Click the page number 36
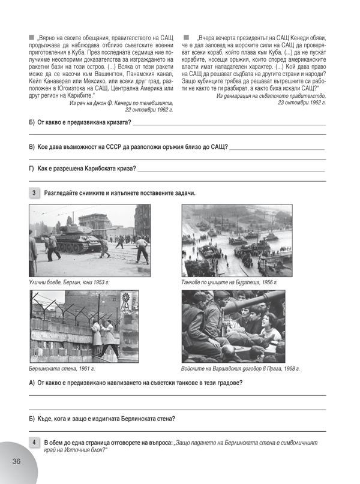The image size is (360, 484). [16, 461]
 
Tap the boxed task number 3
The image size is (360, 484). [34, 193]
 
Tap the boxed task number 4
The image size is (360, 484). [34, 443]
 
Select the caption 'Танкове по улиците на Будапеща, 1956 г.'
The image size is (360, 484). [230, 281]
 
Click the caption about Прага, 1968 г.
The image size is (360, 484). [241, 368]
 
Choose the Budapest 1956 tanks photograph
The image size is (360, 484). [236, 240]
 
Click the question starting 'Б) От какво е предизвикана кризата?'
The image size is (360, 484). [80, 122]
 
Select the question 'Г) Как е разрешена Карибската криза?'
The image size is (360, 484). [82, 169]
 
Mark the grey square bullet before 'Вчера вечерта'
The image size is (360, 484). [187, 37]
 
